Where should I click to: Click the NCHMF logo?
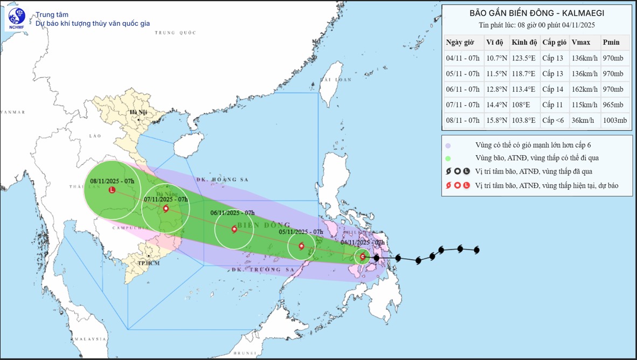(17, 19)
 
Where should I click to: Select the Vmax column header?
(580, 43)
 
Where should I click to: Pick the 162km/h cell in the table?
(584, 89)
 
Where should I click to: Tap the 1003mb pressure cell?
(615, 121)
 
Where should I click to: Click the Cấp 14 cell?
(554, 89)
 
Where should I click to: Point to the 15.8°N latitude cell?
(496, 121)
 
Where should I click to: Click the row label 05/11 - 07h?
(462, 74)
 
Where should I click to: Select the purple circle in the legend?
(448, 145)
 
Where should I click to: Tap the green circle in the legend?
(448, 158)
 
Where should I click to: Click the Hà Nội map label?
(138, 112)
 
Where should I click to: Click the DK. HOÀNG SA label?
(217, 179)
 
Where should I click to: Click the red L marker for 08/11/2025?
(112, 190)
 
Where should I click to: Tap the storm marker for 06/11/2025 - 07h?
(234, 229)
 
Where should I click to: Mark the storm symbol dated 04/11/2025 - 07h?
(363, 257)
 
